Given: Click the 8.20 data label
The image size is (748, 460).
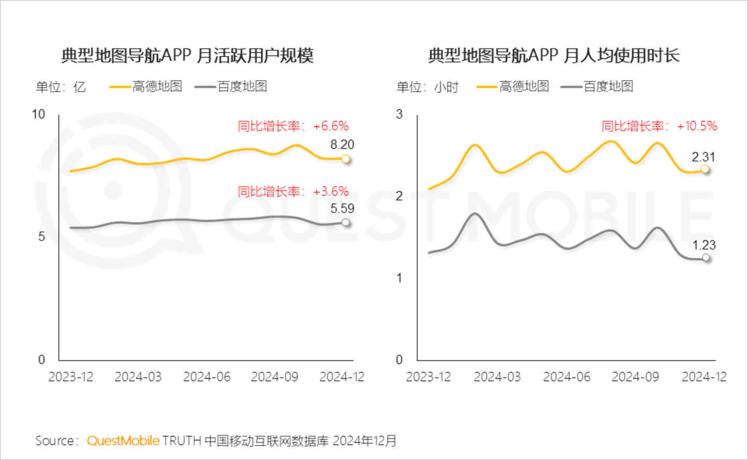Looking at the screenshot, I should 342,144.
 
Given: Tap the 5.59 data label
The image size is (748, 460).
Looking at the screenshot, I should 342,208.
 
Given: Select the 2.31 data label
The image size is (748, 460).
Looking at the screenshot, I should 703,157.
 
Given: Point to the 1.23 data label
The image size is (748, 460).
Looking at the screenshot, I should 704,245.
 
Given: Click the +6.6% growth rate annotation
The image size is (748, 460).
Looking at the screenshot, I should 293,126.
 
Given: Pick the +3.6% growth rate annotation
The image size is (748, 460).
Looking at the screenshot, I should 293,191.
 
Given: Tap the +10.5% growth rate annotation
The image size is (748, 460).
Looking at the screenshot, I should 659,126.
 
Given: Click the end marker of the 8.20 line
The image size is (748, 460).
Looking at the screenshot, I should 346,159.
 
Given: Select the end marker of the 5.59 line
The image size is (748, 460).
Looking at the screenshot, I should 346,222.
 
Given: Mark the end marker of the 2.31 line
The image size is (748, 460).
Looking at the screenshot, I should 705,169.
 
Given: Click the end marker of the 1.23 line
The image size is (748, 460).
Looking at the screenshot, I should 706,257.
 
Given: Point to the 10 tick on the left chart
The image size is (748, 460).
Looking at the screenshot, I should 38,114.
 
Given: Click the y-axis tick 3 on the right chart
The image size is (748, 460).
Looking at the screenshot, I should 399,114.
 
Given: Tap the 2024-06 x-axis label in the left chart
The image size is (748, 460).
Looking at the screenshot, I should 207,377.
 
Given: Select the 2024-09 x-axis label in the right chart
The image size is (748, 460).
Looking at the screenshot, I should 635,377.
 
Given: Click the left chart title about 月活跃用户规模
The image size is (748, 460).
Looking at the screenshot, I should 188,56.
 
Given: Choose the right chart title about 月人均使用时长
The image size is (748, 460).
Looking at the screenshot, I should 554,56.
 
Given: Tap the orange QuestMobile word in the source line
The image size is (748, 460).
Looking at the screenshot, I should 123,441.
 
